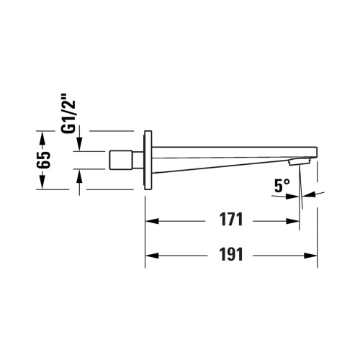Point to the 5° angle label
[x=282, y=186]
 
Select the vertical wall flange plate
[x=148, y=160]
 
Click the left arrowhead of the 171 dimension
[x=151, y=221]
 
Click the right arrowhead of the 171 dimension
[x=294, y=221]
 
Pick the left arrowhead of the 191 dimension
[x=151, y=256]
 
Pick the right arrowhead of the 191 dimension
[x=312, y=256]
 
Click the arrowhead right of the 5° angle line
[x=309, y=194]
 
